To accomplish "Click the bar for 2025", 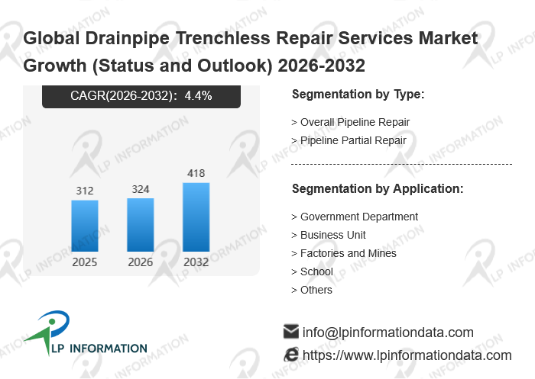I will tap(85, 226).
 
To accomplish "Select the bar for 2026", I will tap(141, 225).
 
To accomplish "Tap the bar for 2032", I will tap(196, 217).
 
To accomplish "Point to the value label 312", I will tap(85, 191).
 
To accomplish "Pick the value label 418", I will tap(196, 173).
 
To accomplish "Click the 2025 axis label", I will tap(85, 262).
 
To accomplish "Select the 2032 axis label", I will tap(196, 262).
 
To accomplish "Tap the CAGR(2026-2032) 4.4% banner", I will tap(141, 96).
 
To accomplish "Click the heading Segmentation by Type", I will tap(358, 95).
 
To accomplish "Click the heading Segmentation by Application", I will tap(378, 189).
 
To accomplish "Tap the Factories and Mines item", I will tap(348, 253).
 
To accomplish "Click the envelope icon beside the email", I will tap(290, 332).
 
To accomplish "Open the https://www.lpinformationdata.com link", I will tap(407, 355).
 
